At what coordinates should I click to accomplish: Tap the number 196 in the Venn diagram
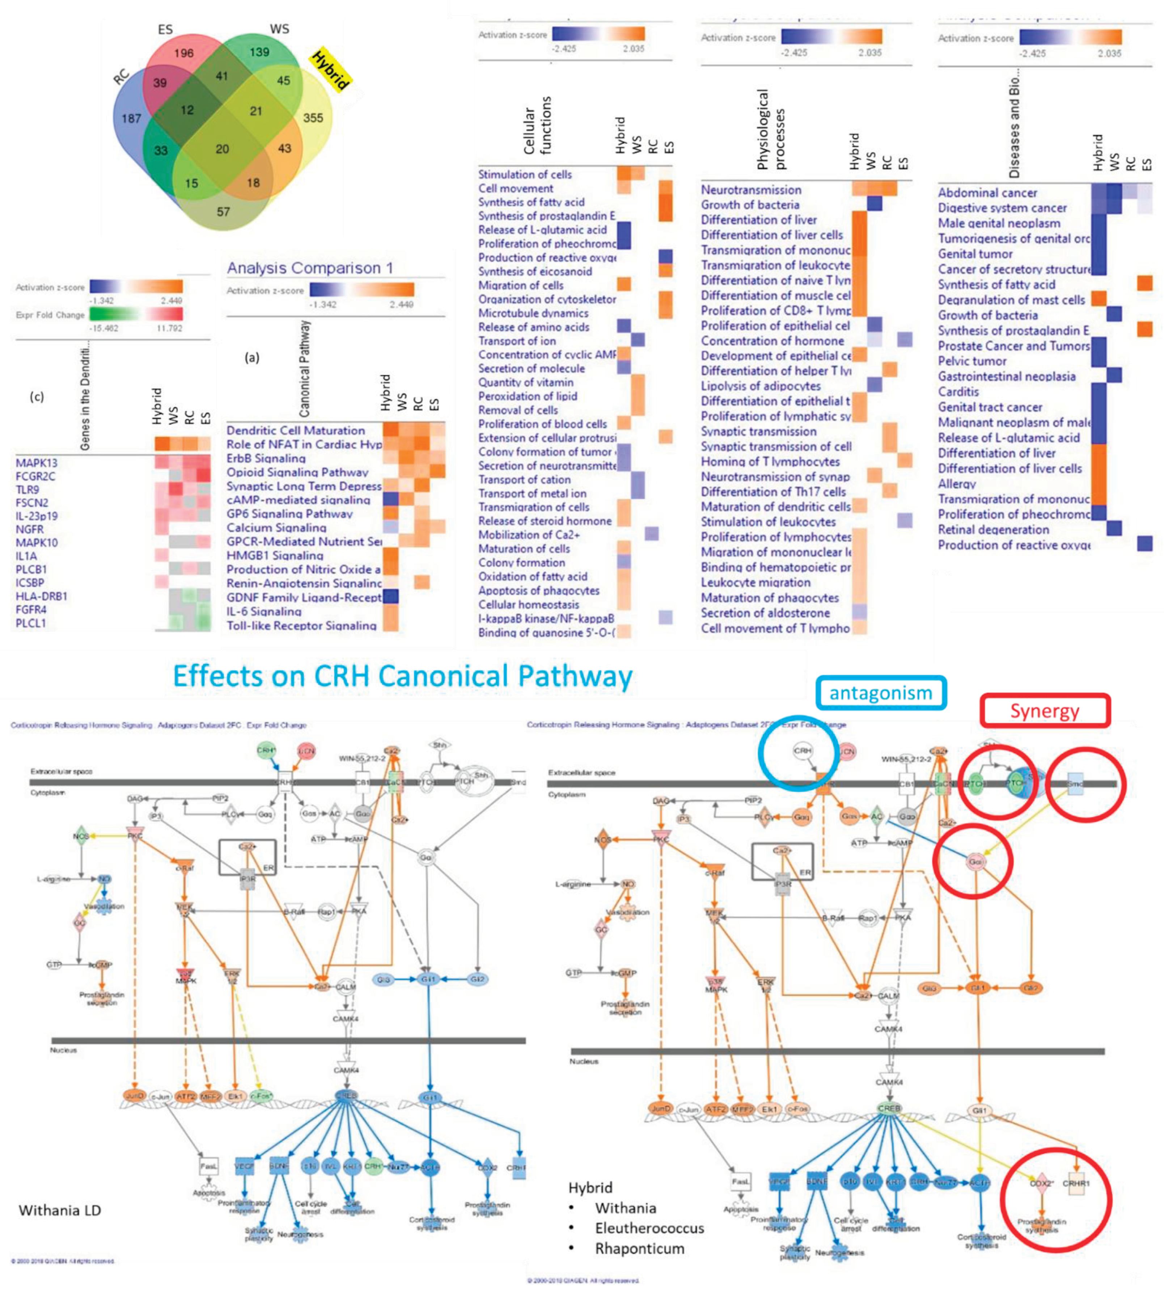tap(183, 53)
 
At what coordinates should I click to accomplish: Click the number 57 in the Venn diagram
tap(223, 212)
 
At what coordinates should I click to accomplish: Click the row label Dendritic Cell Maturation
tap(296, 430)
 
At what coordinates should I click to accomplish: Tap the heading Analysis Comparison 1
tap(310, 268)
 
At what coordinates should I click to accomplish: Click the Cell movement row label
tap(516, 188)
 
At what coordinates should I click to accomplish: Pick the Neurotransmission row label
tap(751, 190)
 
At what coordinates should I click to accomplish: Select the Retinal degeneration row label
tap(993, 530)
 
